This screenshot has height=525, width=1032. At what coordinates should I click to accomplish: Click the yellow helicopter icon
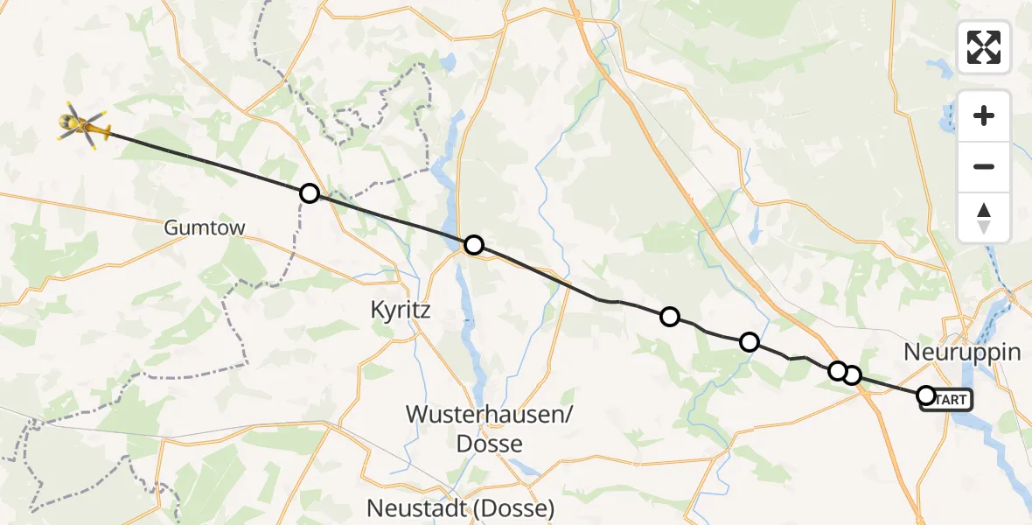click(83, 127)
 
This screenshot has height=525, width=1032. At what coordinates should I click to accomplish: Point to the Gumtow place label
click(205, 228)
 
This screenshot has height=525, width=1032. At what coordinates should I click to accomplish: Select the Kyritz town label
click(401, 309)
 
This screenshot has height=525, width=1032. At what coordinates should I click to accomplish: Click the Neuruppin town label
click(962, 353)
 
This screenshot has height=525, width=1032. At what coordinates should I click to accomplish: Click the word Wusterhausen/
click(489, 415)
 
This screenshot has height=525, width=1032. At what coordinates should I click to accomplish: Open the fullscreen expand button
click(984, 47)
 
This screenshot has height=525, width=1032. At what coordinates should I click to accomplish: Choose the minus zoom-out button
click(984, 166)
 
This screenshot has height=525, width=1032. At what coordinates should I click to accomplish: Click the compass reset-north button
click(984, 218)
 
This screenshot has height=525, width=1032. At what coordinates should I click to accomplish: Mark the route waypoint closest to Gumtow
click(309, 193)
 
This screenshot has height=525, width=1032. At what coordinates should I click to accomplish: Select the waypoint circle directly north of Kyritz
click(473, 245)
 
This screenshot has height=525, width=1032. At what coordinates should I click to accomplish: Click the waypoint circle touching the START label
click(925, 395)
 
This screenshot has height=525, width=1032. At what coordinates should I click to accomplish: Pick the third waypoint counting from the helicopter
click(669, 317)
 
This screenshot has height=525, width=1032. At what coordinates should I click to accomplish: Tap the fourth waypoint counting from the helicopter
click(749, 342)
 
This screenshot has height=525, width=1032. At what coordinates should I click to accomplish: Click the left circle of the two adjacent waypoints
click(837, 371)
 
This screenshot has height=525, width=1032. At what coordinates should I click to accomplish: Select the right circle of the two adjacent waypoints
click(852, 376)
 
